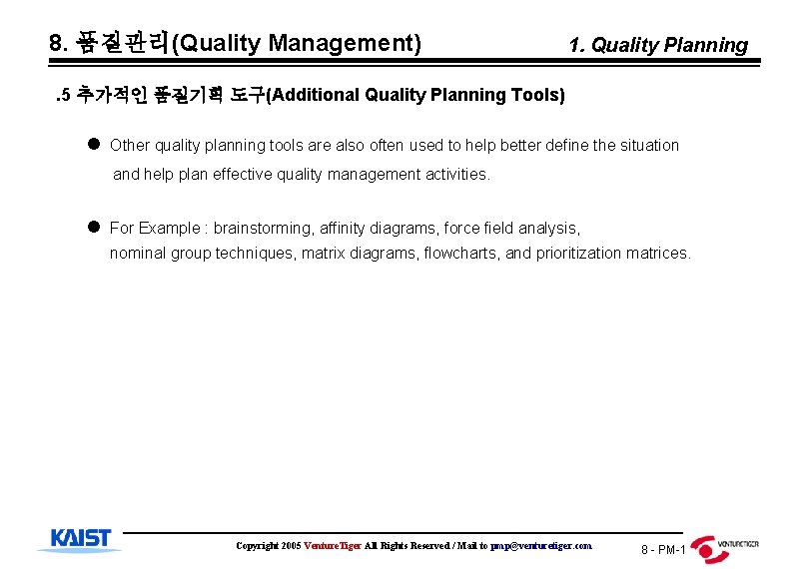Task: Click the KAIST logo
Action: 80,539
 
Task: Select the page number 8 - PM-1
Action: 663,550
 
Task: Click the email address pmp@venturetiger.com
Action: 541,546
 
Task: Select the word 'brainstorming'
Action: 260,228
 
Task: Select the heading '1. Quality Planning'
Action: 657,45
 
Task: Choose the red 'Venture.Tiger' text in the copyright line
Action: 333,546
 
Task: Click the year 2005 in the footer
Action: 291,546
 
